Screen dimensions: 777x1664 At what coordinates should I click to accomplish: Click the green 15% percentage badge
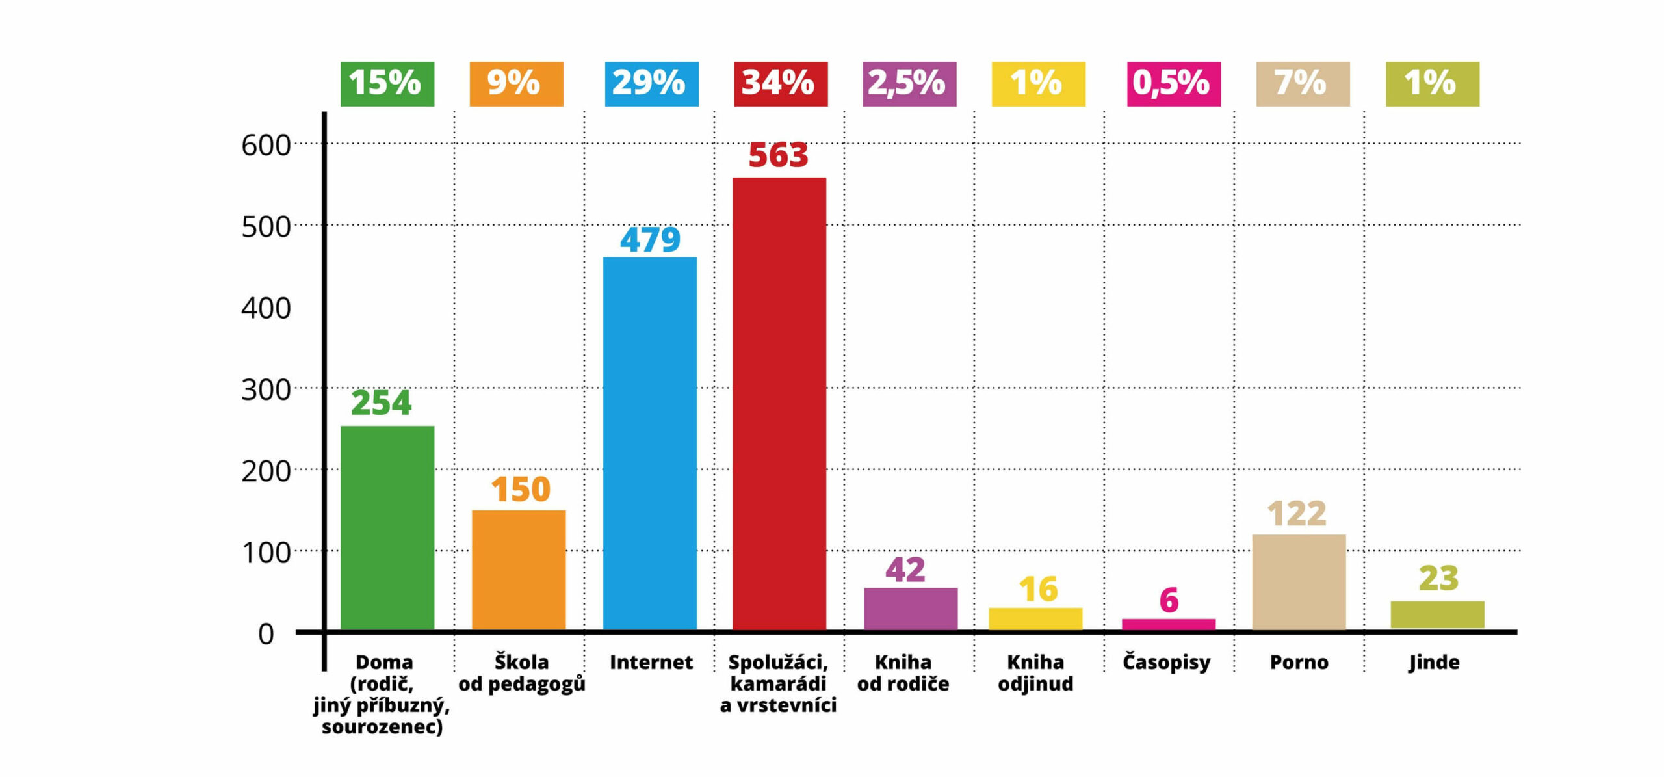[x=387, y=84]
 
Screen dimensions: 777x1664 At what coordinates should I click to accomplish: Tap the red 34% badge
[x=780, y=84]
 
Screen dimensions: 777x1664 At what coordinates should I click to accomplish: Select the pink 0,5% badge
[x=1173, y=84]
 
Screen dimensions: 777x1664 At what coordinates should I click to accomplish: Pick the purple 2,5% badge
[x=909, y=84]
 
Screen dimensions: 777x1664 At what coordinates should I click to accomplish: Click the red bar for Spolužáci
[x=779, y=403]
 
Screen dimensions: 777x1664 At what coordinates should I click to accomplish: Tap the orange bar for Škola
[x=518, y=569]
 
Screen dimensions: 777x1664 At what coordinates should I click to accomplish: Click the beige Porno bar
[x=1299, y=581]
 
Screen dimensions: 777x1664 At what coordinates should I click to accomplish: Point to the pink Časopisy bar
[x=1168, y=624]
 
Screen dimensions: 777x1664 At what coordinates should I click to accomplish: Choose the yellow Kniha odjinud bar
[x=1035, y=618]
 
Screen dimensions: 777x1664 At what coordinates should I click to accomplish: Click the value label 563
[x=778, y=155]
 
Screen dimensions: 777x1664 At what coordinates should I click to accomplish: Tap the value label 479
[x=650, y=239]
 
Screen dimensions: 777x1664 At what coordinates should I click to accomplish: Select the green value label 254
[x=381, y=403]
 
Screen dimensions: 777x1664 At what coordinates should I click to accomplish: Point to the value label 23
[x=1438, y=578]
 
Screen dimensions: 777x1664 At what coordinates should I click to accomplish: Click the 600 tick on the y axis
[x=266, y=145]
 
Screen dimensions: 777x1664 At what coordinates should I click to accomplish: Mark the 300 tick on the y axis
[x=266, y=390]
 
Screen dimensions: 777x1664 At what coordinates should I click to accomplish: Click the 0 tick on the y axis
[x=266, y=634]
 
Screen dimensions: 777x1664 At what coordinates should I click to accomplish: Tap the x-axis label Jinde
[x=1434, y=663]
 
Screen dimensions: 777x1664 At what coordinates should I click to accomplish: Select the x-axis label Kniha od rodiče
[x=903, y=673]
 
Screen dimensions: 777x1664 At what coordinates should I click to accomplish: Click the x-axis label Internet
[x=651, y=663]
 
